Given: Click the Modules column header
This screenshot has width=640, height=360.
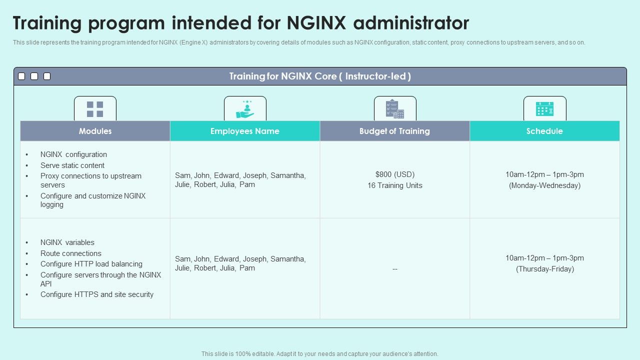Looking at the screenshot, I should point(95,131).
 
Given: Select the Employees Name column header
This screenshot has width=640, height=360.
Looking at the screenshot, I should point(245,131).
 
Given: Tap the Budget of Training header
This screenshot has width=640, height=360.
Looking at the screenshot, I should point(394,131).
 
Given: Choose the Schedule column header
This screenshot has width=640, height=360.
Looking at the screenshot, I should point(544,131).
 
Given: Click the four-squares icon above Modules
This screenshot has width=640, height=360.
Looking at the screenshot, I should point(95,109).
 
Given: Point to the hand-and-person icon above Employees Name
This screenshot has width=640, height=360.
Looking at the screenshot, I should point(245,109).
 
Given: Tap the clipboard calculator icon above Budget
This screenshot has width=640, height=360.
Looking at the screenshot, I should point(394,109).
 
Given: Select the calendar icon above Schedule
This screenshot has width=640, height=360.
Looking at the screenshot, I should point(544,109).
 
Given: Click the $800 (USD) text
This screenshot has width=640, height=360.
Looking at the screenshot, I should point(395,174).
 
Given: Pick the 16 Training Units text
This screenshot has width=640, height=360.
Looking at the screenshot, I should point(395,185).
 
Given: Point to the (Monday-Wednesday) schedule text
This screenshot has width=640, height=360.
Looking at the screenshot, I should point(544,185).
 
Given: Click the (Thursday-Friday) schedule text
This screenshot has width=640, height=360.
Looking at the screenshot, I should point(544,269).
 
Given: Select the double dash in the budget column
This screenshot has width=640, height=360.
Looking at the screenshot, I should point(395,269).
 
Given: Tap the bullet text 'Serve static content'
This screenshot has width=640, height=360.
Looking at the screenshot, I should point(72,165).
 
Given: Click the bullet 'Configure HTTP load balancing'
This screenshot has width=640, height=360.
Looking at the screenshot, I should point(91,264).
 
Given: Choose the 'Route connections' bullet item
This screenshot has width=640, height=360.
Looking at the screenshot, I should point(71,253).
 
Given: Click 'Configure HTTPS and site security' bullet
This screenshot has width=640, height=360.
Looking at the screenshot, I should point(97,294).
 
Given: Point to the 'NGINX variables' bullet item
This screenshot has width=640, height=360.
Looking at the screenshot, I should point(67,242).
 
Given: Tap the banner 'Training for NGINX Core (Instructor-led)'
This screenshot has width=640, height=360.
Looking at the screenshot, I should point(320,76).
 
